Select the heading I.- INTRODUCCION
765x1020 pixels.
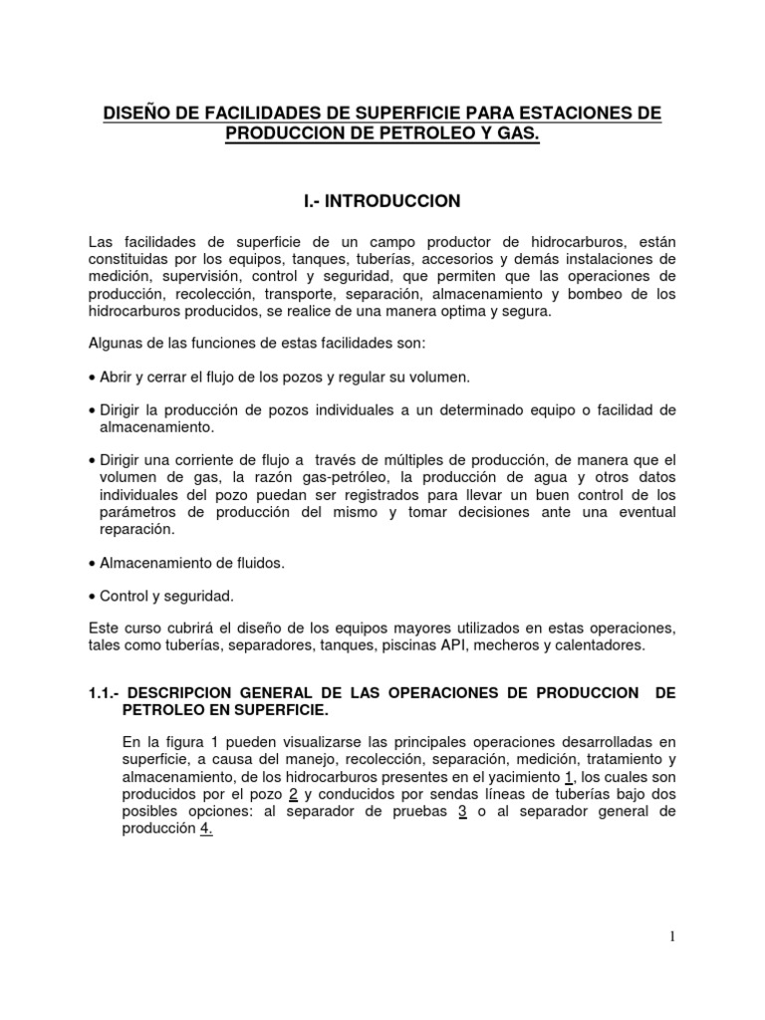pyautogui.click(x=382, y=201)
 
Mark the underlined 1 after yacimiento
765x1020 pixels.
pyautogui.click(x=569, y=777)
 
